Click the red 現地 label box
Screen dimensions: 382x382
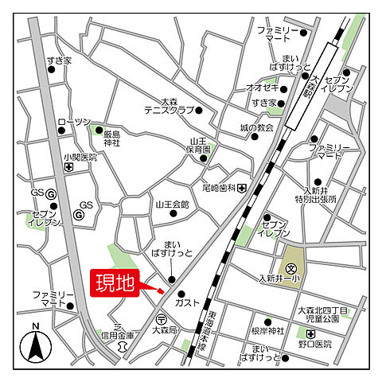(115, 283)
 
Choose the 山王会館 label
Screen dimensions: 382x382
(172, 205)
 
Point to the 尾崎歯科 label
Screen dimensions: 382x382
(219, 188)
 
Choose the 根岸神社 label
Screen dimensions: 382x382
(268, 329)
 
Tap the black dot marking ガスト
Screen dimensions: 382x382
(180, 294)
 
